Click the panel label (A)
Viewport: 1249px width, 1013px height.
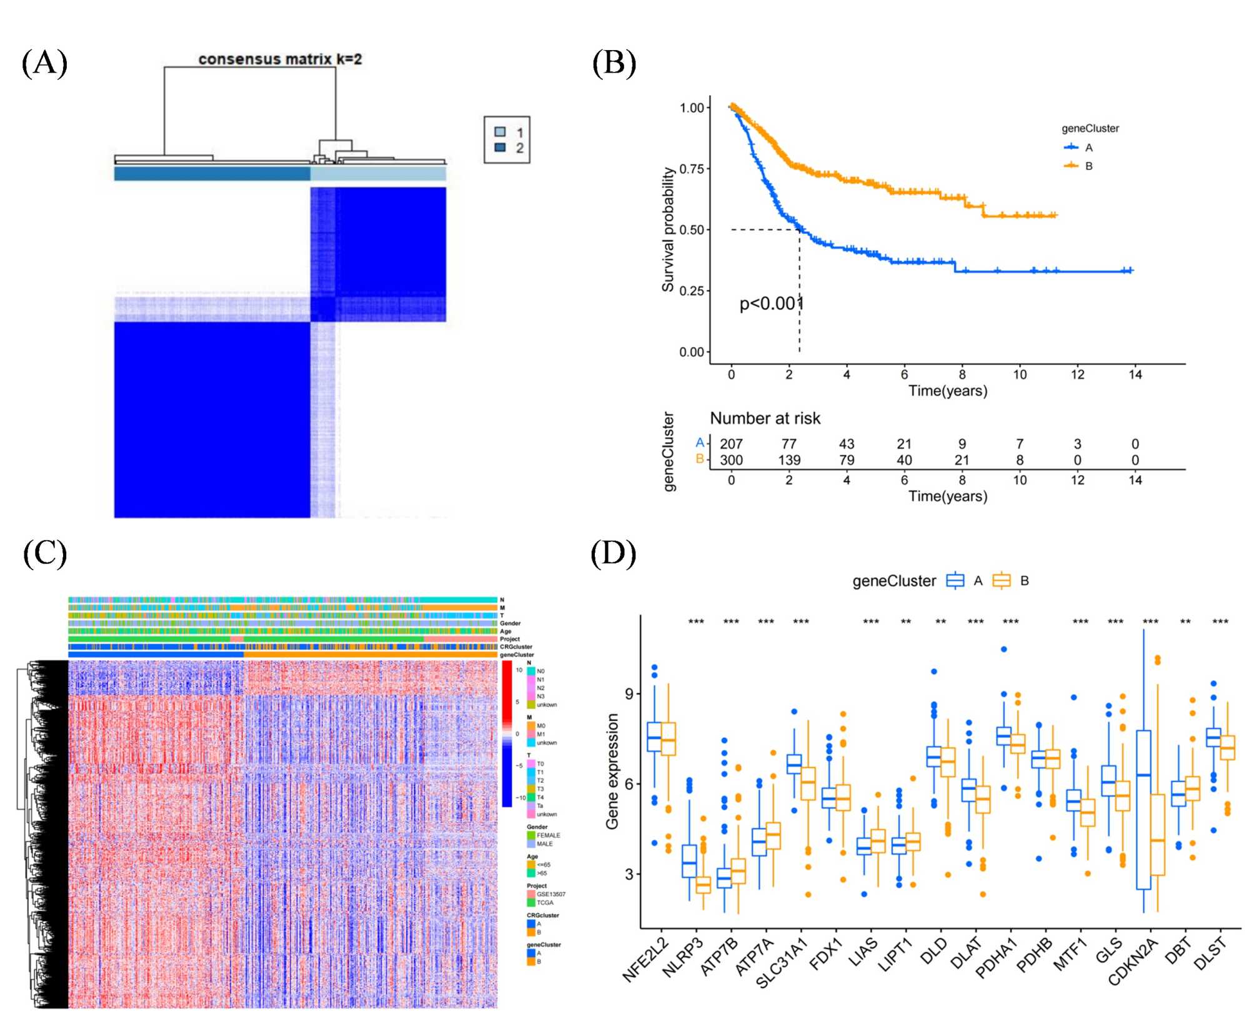[x=44, y=63]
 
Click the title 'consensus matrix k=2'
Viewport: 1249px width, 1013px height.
[x=280, y=59]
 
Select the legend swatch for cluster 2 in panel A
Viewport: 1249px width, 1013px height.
[x=500, y=148]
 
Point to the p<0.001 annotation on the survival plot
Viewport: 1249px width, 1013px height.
[x=771, y=304]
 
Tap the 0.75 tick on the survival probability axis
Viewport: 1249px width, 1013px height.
[x=692, y=169]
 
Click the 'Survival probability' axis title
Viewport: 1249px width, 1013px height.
[x=669, y=229]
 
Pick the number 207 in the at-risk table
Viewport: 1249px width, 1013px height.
[x=731, y=444]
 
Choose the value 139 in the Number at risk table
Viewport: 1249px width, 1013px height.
[x=789, y=460]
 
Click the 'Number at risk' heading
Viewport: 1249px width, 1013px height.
[x=765, y=418]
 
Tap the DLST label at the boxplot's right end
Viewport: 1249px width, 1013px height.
[x=1210, y=954]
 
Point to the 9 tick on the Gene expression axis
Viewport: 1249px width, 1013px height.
[x=629, y=693]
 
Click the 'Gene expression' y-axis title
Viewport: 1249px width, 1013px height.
[x=612, y=772]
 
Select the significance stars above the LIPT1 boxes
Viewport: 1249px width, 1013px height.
[x=905, y=622]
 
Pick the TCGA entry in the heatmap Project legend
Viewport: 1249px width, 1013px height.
[x=544, y=902]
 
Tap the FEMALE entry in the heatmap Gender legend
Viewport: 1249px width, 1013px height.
[x=548, y=835]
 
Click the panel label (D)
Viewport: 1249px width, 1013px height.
[x=613, y=554]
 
